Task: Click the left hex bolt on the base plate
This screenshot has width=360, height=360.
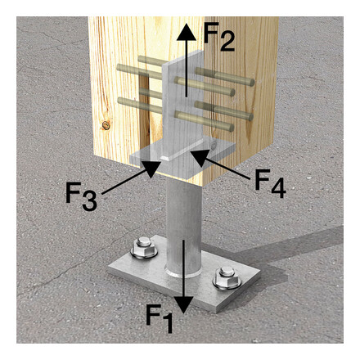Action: [141, 246]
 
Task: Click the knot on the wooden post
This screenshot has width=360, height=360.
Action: [105, 125]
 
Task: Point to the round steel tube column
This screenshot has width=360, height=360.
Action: [185, 221]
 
